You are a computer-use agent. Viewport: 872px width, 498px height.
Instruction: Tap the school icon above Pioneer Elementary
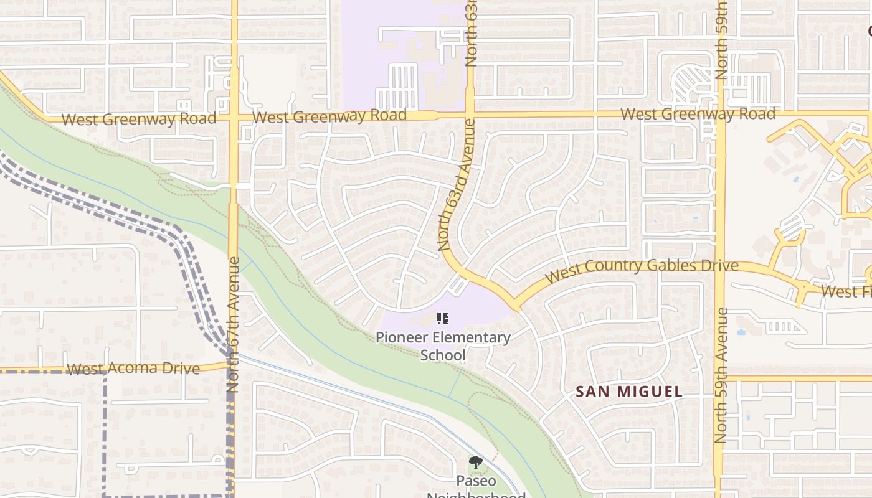tap(443, 319)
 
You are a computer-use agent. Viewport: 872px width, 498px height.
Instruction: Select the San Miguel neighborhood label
tap(629, 392)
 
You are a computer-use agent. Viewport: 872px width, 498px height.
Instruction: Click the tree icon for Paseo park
tap(476, 463)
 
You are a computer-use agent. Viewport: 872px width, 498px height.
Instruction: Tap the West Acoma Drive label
tap(133, 369)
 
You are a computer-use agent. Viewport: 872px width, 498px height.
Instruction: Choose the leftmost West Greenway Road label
tap(139, 119)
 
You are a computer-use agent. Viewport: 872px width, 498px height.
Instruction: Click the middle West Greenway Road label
tap(330, 116)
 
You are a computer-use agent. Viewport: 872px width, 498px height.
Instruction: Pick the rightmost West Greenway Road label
tap(698, 114)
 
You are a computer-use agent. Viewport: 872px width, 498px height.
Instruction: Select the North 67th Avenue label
tap(233, 324)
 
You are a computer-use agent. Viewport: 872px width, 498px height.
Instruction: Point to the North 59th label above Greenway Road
tap(721, 40)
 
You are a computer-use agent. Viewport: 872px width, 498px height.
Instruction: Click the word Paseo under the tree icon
tap(476, 481)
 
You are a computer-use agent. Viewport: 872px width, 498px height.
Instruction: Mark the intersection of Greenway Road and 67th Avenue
tap(234, 118)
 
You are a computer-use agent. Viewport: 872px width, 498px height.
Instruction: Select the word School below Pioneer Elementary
tap(443, 355)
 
